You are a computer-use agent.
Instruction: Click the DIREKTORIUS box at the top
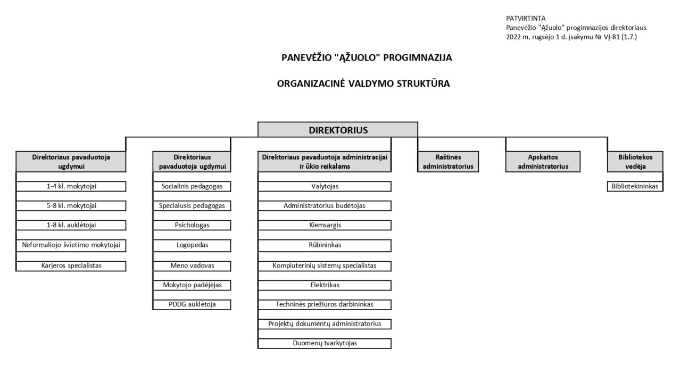338,130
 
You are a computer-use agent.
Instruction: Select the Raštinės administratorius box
448,161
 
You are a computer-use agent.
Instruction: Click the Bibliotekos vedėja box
635,161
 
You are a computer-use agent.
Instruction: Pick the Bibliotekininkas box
635,186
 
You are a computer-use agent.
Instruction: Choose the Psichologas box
192,225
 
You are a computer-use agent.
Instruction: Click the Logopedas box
192,245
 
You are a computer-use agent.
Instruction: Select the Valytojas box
325,186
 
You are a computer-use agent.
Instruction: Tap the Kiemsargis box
325,225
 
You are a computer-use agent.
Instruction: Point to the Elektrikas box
325,285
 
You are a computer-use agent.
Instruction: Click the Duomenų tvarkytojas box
325,343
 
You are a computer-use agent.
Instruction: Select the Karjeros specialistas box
71,265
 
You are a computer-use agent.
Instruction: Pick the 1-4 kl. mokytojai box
71,186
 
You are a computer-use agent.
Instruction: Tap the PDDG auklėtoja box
192,304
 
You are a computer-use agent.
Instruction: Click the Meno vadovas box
192,265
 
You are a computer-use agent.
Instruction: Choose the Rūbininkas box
325,245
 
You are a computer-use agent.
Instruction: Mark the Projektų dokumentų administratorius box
325,323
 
